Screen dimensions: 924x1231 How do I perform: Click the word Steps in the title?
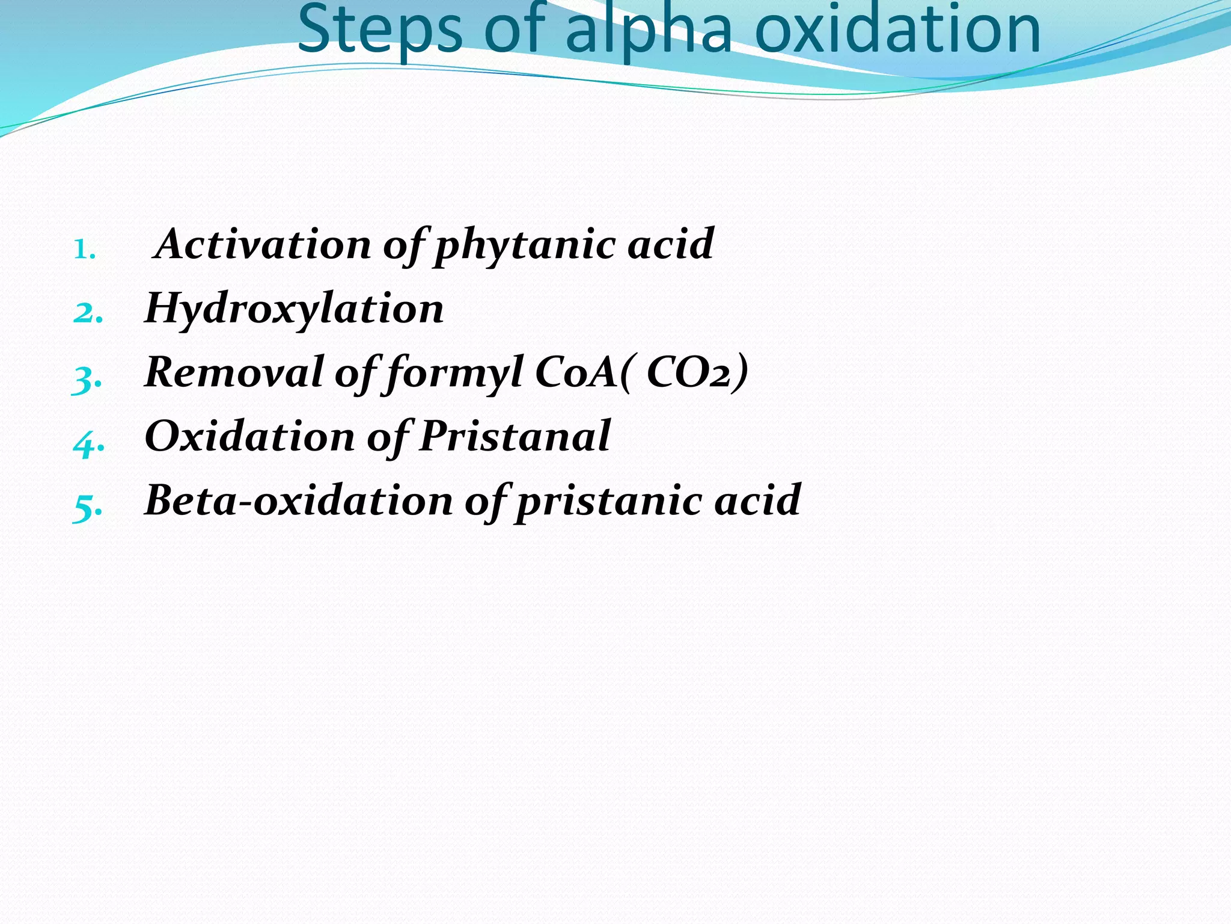380,30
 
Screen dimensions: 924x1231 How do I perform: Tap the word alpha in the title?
649,30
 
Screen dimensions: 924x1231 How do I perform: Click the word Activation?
263,244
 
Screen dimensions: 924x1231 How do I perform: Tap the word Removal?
234,372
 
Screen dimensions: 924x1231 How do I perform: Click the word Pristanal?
515,436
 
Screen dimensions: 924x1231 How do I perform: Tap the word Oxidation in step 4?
250,436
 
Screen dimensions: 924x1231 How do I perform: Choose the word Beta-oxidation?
299,500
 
